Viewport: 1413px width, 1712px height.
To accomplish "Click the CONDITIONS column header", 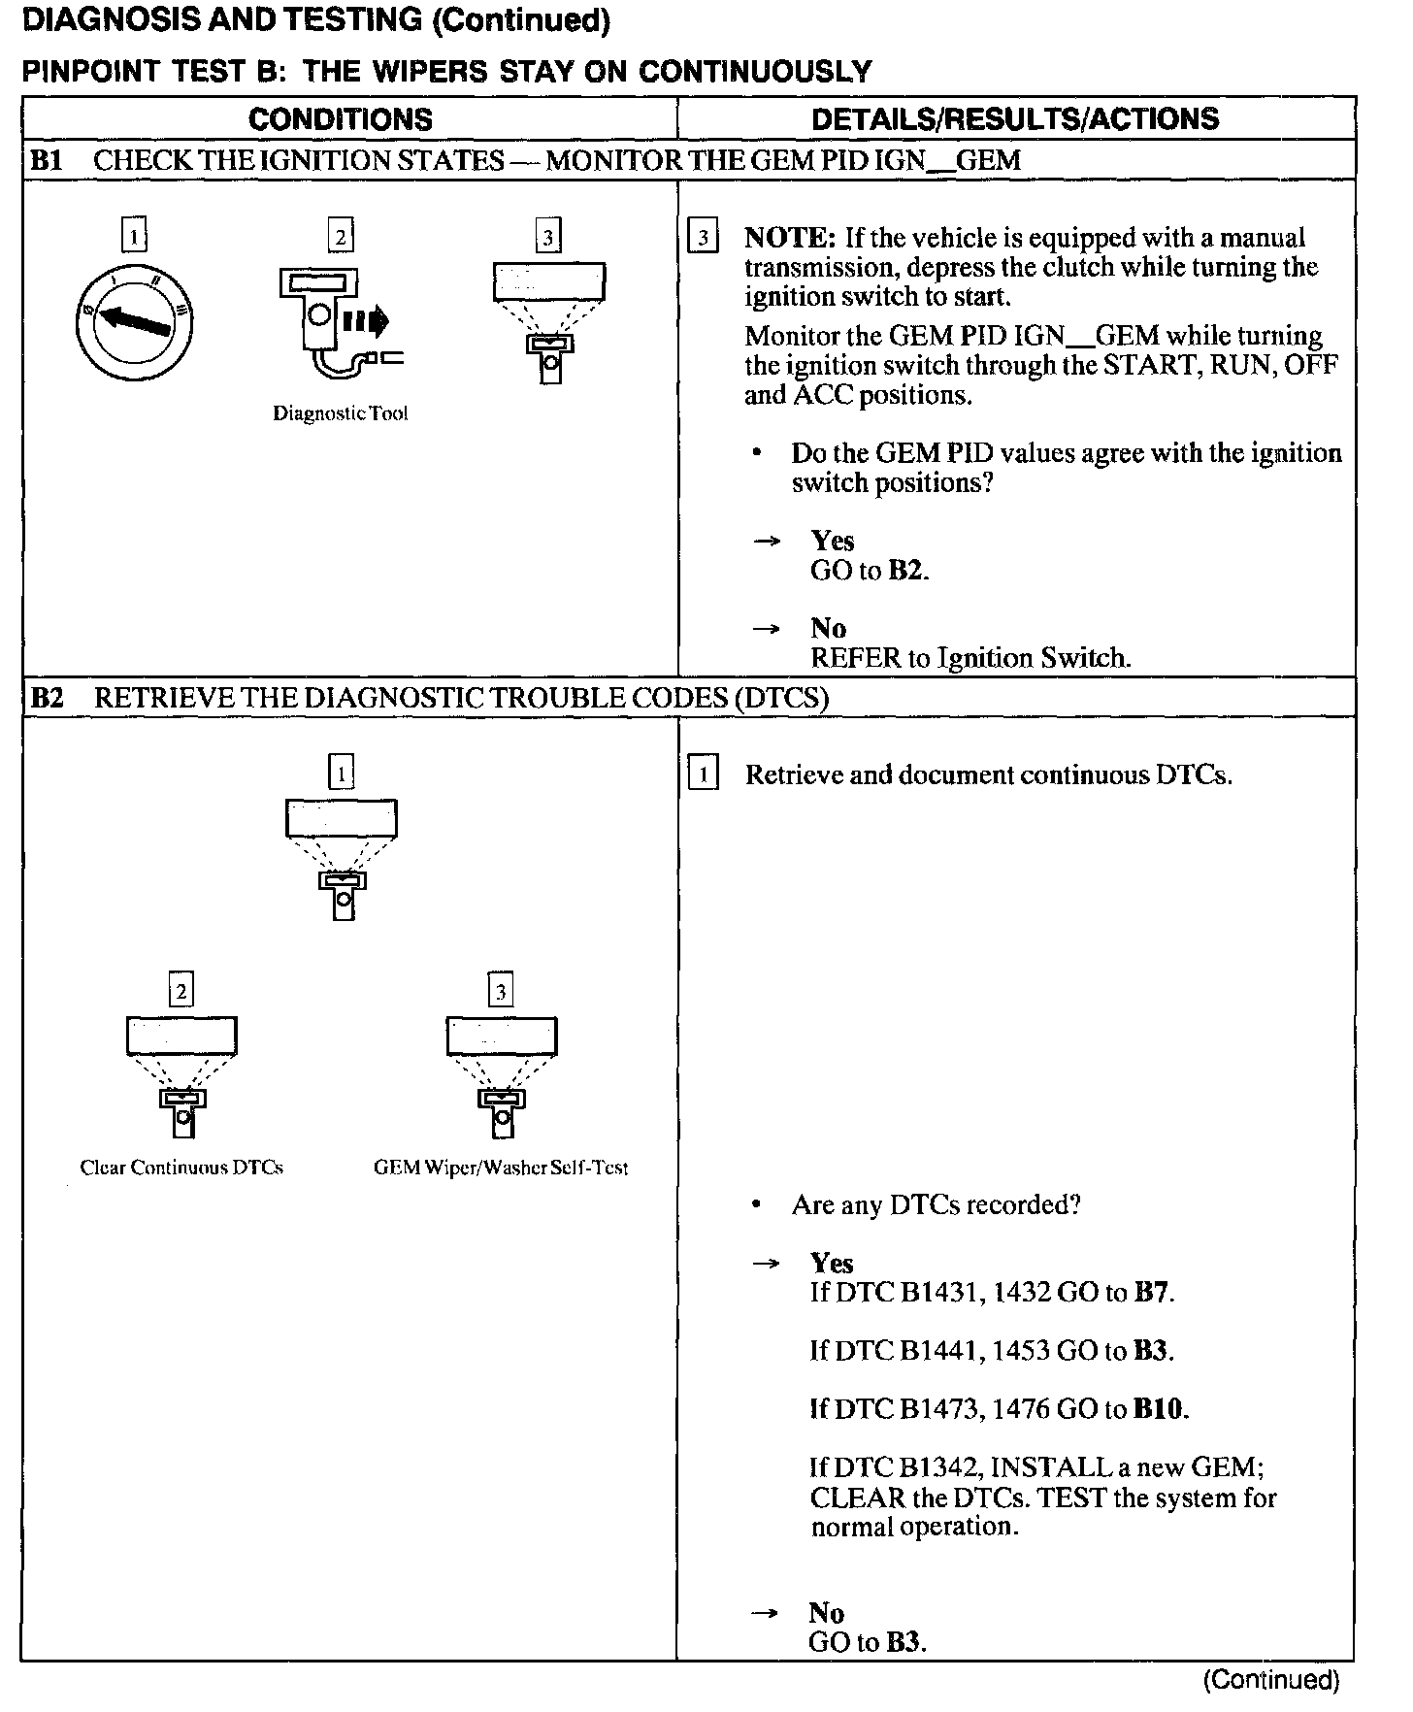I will click(x=341, y=119).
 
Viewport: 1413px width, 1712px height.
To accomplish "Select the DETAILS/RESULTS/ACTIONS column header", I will click(x=1015, y=119).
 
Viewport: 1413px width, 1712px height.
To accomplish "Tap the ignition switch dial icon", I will click(x=134, y=321).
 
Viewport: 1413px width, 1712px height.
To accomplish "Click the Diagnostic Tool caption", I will click(x=340, y=413).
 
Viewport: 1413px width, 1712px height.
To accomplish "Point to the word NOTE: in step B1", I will click(x=789, y=238).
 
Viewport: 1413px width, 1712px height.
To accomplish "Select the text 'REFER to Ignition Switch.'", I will click(x=970, y=658).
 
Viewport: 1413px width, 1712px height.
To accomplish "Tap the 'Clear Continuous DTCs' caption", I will click(x=181, y=1168).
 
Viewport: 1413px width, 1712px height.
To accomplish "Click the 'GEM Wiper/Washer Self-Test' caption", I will click(x=501, y=1168).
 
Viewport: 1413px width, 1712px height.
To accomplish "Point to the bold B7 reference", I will click(x=1152, y=1293).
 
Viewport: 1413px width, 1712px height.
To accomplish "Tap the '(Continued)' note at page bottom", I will click(x=1271, y=1680).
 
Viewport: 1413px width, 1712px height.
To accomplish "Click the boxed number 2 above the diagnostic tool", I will click(x=340, y=236).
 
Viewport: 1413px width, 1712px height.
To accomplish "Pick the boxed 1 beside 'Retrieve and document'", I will click(x=703, y=774).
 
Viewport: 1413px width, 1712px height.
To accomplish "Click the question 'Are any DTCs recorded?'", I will click(x=936, y=1205).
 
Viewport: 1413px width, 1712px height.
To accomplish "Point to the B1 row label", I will click(x=47, y=160).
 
